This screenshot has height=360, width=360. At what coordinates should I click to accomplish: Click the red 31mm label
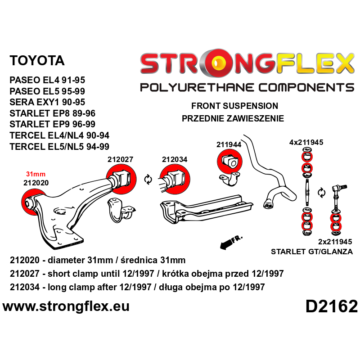[36, 174]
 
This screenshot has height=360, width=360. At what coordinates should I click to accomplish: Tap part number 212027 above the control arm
[121, 159]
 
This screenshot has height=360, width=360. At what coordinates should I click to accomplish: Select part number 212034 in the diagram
[175, 159]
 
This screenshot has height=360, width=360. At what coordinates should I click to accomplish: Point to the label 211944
[229, 144]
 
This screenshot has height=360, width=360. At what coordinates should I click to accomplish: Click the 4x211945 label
[306, 143]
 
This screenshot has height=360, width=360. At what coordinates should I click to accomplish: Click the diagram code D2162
[331, 306]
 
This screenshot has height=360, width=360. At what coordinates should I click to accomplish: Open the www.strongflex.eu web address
[66, 306]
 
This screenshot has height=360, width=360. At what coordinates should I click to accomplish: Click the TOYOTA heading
[37, 61]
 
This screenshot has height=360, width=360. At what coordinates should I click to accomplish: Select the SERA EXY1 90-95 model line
[47, 102]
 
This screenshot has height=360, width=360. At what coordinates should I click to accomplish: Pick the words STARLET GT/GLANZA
[312, 252]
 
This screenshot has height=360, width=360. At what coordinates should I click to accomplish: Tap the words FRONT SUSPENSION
[234, 106]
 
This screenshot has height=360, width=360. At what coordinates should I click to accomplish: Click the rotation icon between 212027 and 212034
[147, 180]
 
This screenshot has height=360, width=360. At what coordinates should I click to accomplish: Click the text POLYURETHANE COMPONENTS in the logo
[247, 87]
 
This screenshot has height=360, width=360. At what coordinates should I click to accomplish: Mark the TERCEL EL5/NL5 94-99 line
[59, 146]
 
